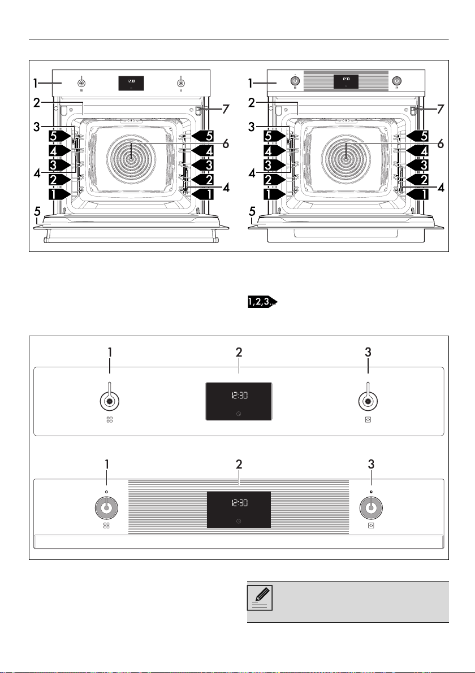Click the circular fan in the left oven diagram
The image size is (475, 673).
point(131,158)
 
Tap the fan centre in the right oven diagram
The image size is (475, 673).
point(346,158)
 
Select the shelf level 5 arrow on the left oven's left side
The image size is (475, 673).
point(59,136)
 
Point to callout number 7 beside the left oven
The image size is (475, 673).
point(226,110)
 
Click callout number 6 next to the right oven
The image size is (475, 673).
point(440,144)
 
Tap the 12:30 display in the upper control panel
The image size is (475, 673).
point(239,396)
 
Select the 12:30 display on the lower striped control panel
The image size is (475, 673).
point(239,502)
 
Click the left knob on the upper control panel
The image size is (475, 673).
point(110,401)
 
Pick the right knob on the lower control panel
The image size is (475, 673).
point(370,507)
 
